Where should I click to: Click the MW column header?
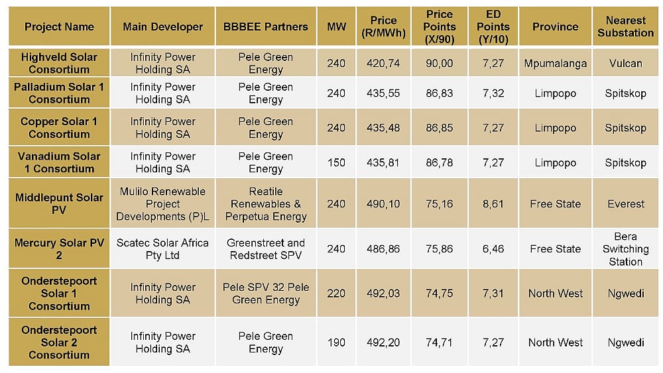[x=336, y=27]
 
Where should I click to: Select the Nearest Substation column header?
[x=625, y=27]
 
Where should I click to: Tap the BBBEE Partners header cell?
[x=266, y=27]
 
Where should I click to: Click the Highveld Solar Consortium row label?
[x=59, y=64]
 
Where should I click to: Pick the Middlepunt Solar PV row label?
[x=59, y=204]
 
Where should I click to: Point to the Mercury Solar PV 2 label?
[x=59, y=249]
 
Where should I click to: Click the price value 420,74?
[x=383, y=64]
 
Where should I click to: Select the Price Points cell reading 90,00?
[x=440, y=64]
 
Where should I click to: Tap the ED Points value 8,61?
[x=493, y=204]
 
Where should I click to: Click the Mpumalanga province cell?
[x=556, y=64]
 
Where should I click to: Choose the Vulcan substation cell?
[x=625, y=64]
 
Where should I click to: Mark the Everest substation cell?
[x=625, y=204]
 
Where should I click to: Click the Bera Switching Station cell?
[x=625, y=249]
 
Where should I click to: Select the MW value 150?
[x=336, y=163]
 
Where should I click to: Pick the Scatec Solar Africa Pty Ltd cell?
[x=163, y=249]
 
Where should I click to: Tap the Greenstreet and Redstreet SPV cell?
[x=266, y=249]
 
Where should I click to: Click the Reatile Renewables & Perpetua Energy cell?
[x=266, y=204]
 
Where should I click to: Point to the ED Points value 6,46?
[x=493, y=249]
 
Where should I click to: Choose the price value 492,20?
[x=383, y=343]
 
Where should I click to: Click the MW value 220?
[x=336, y=293]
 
